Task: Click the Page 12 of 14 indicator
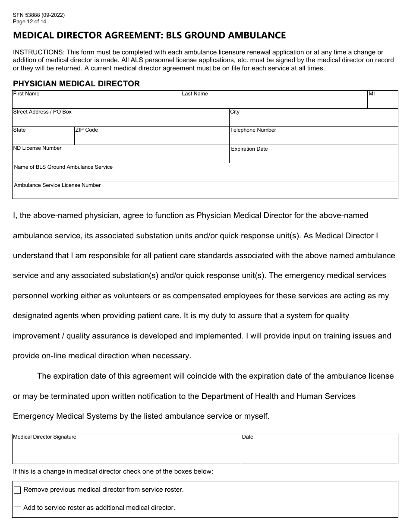[29, 21]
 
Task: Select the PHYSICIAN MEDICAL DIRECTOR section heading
[76, 84]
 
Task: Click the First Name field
[96, 101]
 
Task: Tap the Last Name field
[274, 101]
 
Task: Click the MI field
[382, 101]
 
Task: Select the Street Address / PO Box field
[120, 120]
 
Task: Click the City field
[313, 120]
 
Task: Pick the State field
[43, 138]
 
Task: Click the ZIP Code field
[151, 138]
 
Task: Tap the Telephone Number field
[313, 138]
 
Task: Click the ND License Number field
[120, 156]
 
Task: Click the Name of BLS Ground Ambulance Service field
[205, 174]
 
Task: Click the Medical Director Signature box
[126, 451]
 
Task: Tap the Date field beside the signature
[319, 451]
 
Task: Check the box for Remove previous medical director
[17, 490]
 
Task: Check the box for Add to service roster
[17, 509]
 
